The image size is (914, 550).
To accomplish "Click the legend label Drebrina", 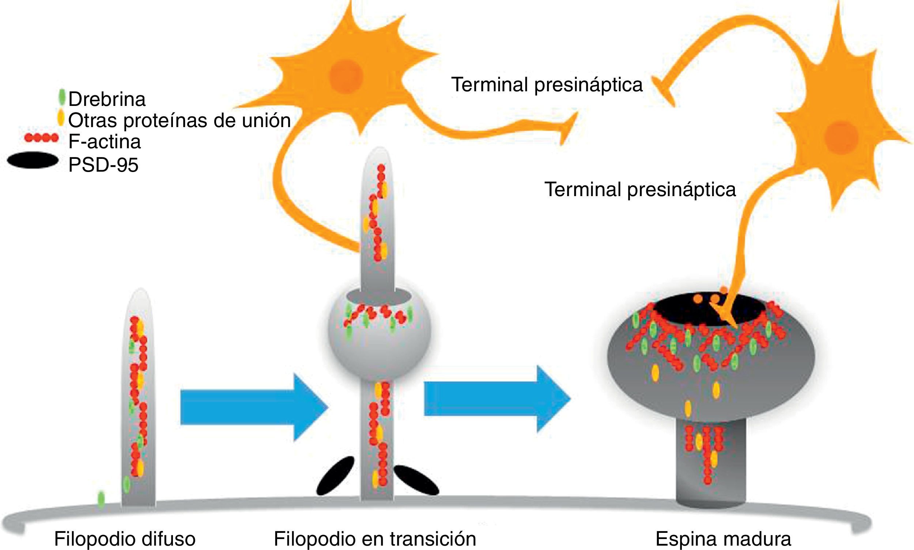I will click(107, 99).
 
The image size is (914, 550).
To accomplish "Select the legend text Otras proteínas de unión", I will click(180, 120).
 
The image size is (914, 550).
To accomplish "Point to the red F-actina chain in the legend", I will click(41, 138).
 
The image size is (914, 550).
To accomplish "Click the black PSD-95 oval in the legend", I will click(33, 160).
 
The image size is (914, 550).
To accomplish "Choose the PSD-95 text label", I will click(103, 165).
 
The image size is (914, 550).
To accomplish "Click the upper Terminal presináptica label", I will click(547, 84).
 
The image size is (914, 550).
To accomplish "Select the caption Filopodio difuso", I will click(125, 539).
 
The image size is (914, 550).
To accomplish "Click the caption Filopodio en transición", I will click(375, 539).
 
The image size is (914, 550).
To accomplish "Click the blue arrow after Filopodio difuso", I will click(254, 407).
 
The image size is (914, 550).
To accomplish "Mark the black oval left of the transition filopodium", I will click(335, 475).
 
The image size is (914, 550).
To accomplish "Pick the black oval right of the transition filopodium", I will click(416, 480).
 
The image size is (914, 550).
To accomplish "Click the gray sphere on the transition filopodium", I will click(379, 348).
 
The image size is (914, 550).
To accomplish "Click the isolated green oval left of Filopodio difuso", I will click(101, 499).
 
